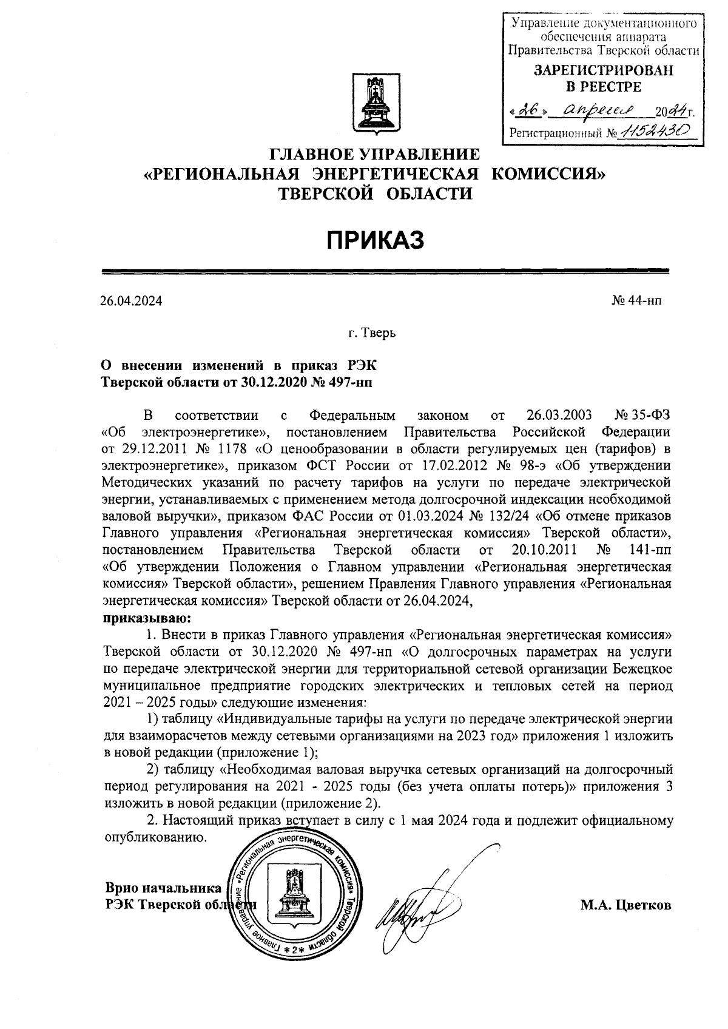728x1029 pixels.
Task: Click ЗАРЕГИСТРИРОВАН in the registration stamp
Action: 603,70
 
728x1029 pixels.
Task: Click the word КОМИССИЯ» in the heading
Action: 548,175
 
